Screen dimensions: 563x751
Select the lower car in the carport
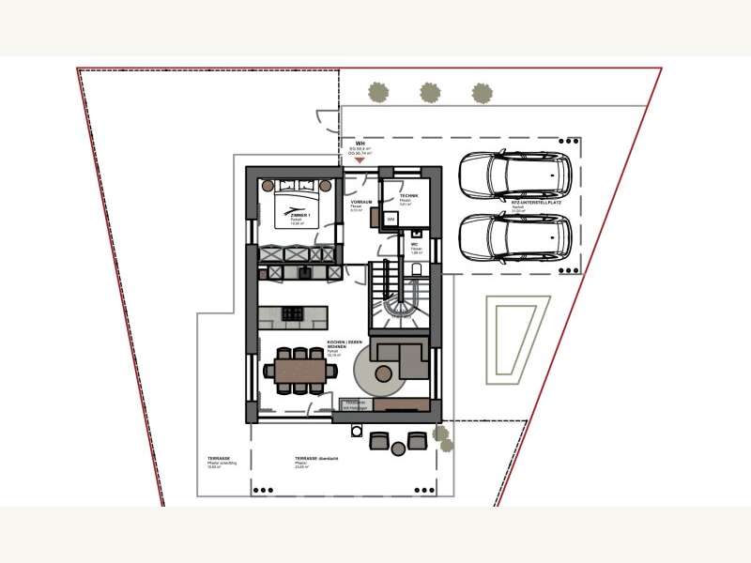click(x=515, y=237)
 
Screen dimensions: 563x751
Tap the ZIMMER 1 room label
click(x=299, y=218)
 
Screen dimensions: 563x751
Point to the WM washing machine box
click(x=391, y=219)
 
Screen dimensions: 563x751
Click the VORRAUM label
click(x=361, y=204)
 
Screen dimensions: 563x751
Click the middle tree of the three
click(x=430, y=92)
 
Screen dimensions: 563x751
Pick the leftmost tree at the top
click(x=378, y=92)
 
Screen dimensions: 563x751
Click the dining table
click(x=299, y=371)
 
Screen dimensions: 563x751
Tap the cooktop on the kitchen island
click(x=292, y=313)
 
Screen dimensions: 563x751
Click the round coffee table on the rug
click(x=384, y=373)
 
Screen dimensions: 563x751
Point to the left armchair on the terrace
click(x=380, y=440)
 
